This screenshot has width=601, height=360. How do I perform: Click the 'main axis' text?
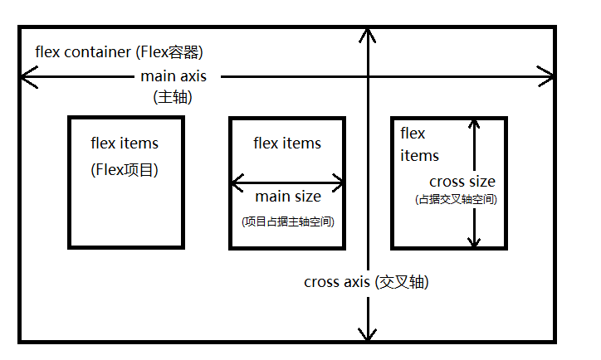pos(173,76)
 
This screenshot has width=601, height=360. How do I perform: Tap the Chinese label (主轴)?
pos(173,96)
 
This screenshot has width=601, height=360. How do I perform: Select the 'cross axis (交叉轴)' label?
pos(366,281)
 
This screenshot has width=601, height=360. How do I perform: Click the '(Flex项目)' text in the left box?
pos(125,170)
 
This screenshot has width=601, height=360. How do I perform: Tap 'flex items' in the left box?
pos(125,144)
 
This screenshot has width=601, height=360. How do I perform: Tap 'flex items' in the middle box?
pos(287,144)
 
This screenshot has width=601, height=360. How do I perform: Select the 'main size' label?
pos(287,197)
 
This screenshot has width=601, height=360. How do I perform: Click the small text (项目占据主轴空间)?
pos(287,221)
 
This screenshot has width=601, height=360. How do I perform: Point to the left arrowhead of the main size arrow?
pos(237,181)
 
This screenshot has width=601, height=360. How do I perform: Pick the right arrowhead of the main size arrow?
pos(338,181)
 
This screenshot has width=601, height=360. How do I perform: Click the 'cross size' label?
pos(462,182)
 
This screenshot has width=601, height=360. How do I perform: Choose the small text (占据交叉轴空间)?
pos(455,200)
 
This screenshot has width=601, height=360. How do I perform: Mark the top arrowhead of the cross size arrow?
pos(474,124)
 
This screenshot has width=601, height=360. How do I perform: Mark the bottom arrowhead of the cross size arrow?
pos(474,241)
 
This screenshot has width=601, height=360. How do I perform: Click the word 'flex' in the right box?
pos(413,134)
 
